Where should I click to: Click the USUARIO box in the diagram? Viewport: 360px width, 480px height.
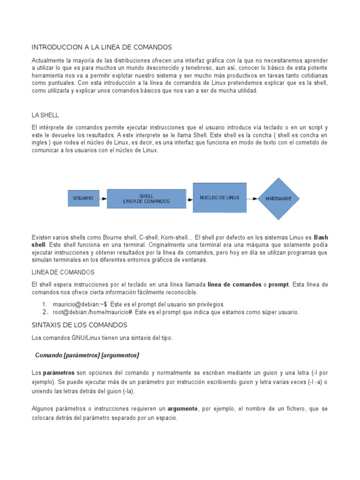[x=83, y=199]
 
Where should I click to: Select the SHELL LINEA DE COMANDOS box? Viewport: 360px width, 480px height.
[x=146, y=199]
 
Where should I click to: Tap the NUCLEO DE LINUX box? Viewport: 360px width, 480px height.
[x=219, y=198]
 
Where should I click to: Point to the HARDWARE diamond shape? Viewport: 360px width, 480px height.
[x=278, y=199]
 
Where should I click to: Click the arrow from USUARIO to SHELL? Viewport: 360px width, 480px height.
[x=103, y=199]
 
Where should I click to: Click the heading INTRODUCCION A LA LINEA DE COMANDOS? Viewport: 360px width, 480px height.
[x=102, y=47]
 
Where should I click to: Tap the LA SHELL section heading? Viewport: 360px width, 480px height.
[x=45, y=115]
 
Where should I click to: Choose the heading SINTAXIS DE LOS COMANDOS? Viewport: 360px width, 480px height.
[x=79, y=325]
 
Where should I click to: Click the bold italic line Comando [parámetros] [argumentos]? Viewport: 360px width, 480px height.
[x=87, y=355]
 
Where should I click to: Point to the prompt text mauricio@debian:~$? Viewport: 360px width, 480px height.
[x=80, y=304]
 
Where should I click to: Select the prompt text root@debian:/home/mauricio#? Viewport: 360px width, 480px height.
[x=94, y=312]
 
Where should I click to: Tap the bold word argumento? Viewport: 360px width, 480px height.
[x=183, y=409]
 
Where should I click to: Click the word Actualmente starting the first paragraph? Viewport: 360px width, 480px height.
[x=47, y=61]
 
